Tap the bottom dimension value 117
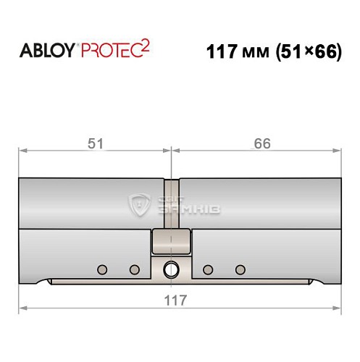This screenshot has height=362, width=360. [x=178, y=300]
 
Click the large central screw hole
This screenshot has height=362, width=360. [x=172, y=269]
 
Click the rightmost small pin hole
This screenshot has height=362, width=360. [x=240, y=270]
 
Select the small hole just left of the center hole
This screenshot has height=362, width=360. [x=134, y=270]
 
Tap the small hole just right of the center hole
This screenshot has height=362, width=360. [x=208, y=270]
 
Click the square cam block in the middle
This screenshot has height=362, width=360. [x=171, y=240]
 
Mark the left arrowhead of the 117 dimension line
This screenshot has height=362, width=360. [x=21, y=308]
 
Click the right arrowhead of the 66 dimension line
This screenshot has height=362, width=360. [x=338, y=151]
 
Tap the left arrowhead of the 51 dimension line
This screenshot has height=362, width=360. [x=21, y=151]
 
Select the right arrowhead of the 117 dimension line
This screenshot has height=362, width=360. [x=338, y=308]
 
